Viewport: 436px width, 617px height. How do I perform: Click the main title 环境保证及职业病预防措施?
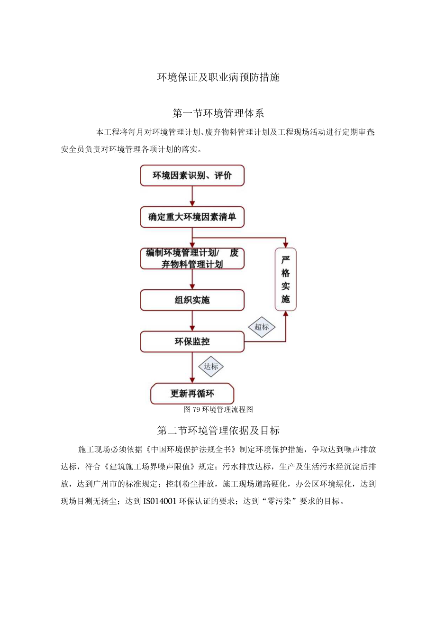[218, 77]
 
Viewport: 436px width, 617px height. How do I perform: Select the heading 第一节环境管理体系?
[218, 114]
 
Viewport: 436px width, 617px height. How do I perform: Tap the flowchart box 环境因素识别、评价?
[192, 175]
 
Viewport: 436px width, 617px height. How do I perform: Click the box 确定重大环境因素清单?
[192, 217]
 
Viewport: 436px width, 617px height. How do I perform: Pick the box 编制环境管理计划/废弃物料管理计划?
[192, 258]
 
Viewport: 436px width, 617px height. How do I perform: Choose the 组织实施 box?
[192, 300]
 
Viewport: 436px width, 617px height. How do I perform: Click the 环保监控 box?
[192, 341]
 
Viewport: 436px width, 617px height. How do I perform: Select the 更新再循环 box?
[192, 394]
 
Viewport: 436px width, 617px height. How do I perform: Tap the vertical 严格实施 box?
[285, 279]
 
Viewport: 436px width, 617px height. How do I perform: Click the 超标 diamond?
[262, 327]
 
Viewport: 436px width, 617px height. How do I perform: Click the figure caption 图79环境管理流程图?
[218, 409]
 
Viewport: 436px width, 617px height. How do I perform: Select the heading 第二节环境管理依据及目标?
[218, 431]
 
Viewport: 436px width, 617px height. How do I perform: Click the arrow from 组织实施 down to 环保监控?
[192, 321]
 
